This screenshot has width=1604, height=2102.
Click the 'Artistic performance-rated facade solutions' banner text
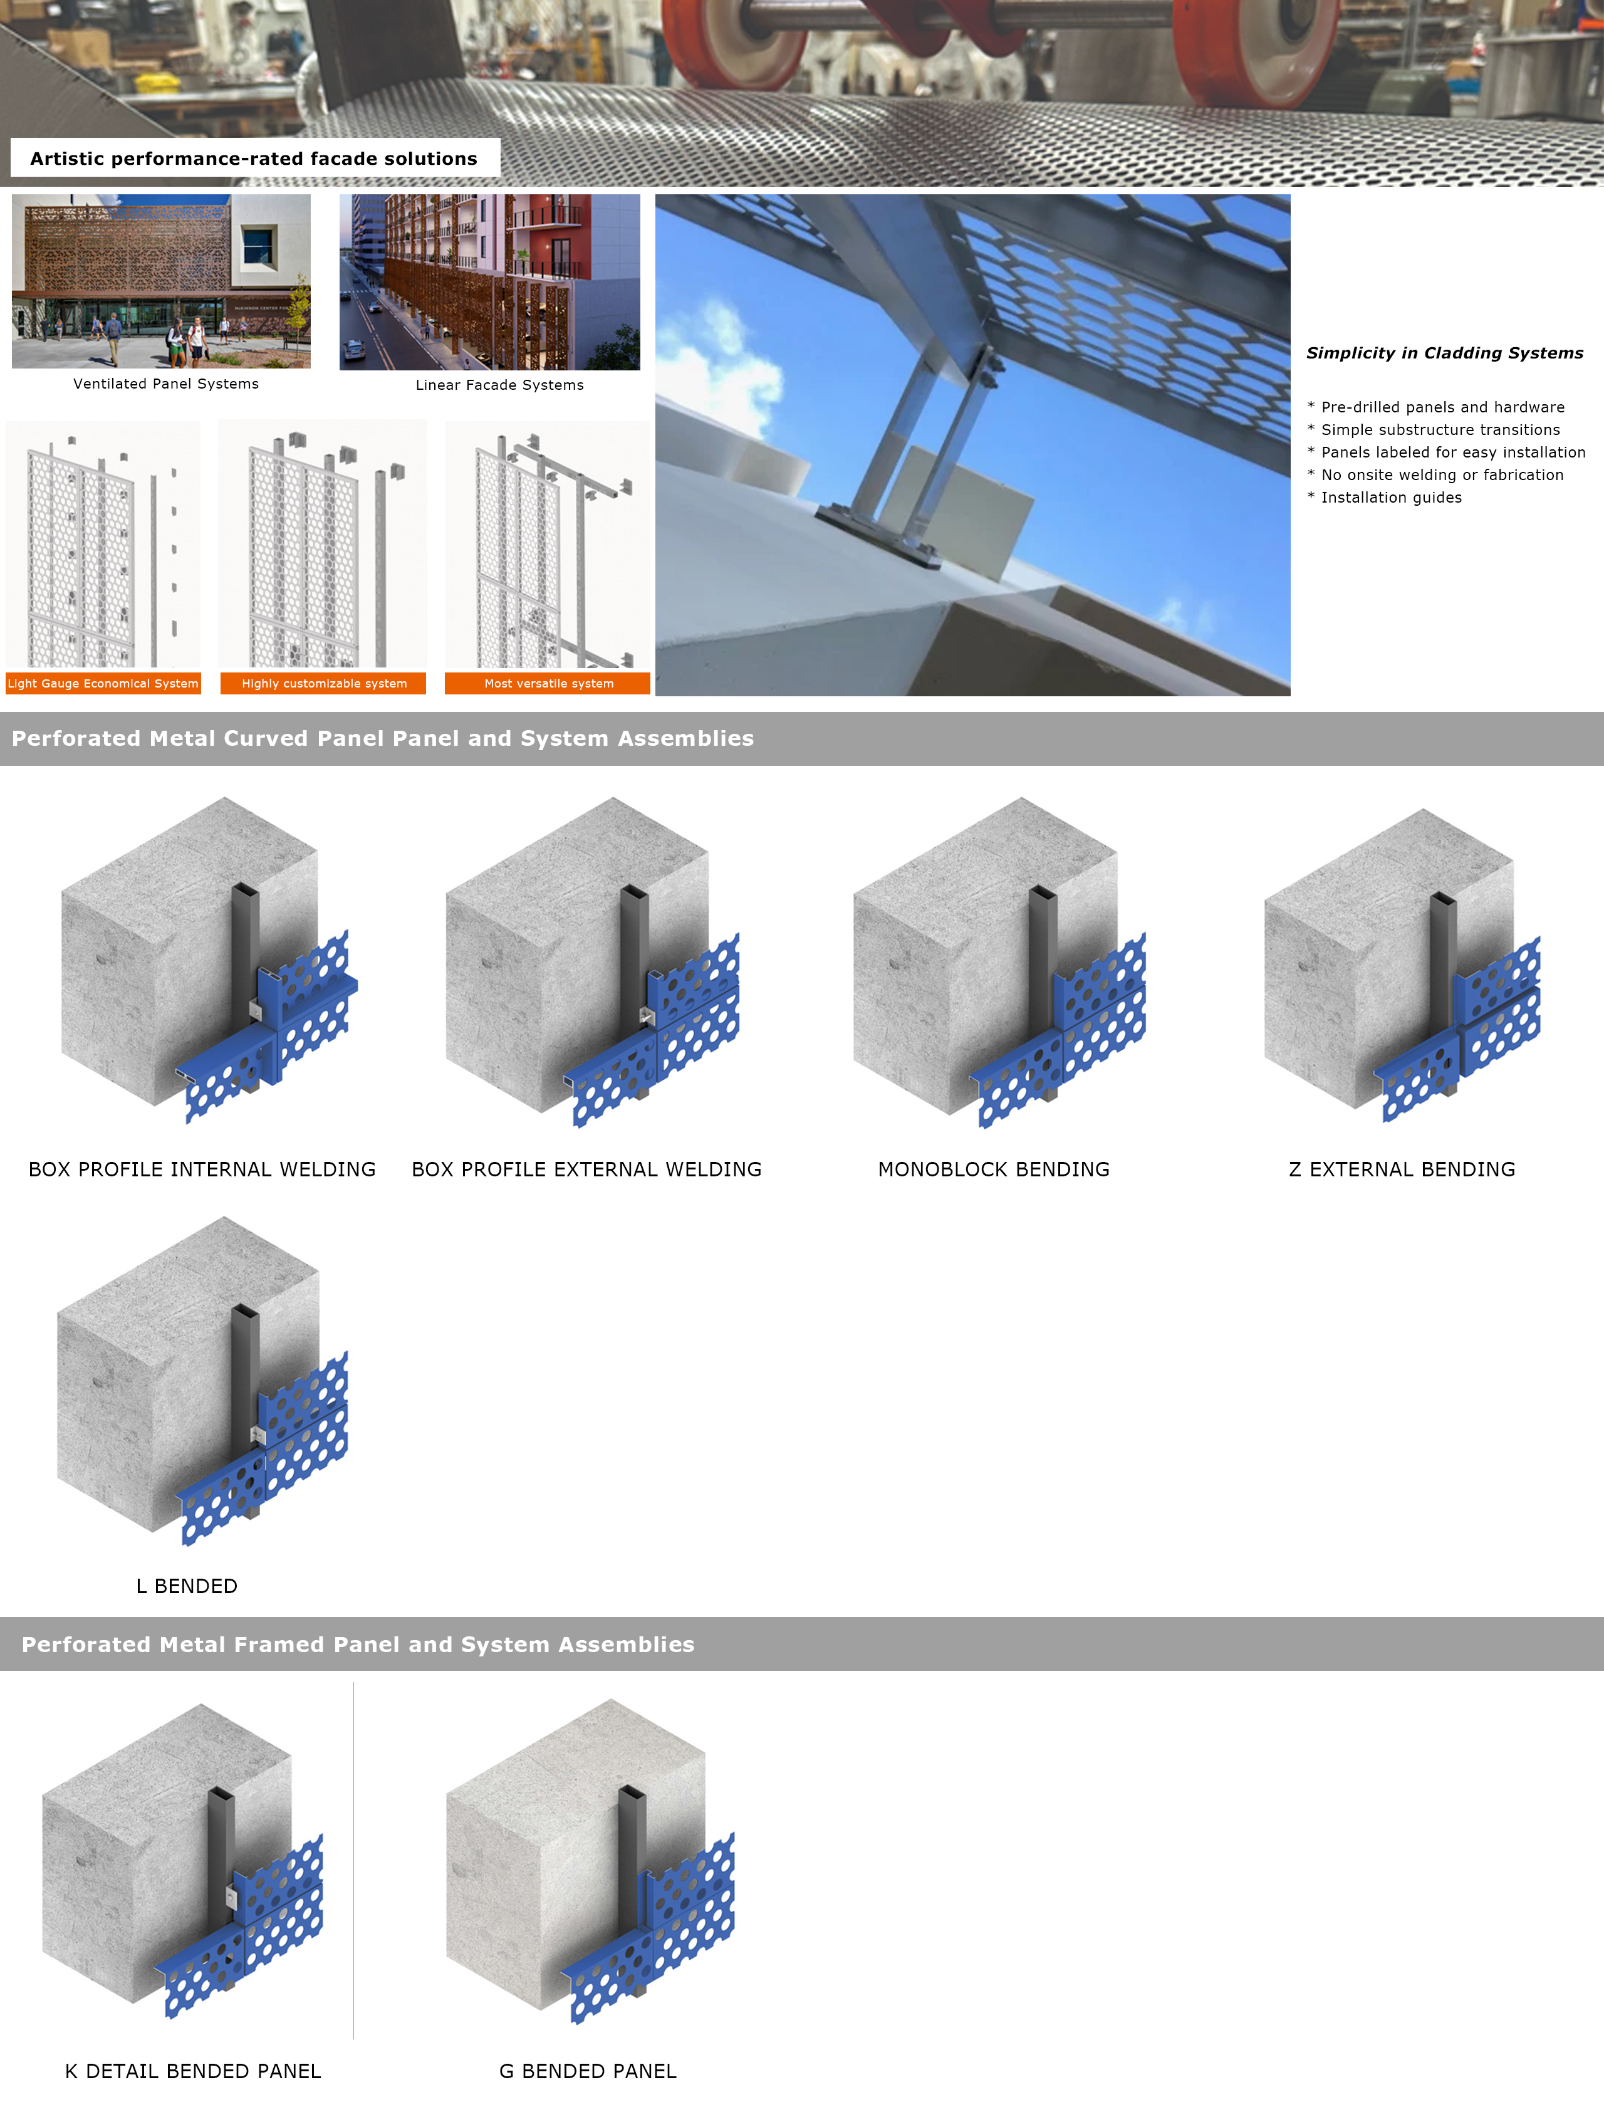[254, 159]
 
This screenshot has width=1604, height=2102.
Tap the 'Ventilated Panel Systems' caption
[166, 384]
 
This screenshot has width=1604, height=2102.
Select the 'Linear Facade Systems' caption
[499, 385]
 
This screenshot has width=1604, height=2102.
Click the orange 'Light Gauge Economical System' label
[103, 683]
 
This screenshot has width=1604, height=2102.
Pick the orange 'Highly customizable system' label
[324, 683]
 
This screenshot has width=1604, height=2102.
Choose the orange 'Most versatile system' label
[548, 683]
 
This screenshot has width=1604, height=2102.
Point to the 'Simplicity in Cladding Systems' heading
[1445, 353]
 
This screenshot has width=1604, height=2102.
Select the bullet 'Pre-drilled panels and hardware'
[1436, 407]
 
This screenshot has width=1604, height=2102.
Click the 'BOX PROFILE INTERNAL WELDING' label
[202, 1170]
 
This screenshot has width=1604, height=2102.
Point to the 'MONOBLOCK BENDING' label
[994, 1170]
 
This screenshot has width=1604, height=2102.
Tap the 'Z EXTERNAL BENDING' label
[1402, 1170]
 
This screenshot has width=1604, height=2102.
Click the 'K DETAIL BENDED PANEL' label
[193, 2071]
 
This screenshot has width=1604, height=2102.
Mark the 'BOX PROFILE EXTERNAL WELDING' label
[586, 1170]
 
